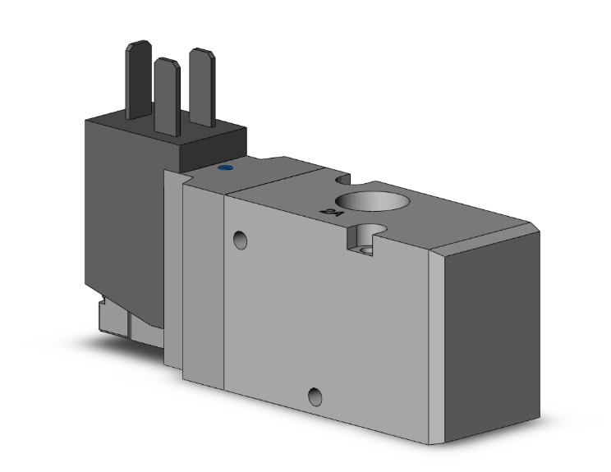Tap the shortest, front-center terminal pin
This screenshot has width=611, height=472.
[167, 94]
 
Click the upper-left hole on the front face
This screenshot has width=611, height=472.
[240, 240]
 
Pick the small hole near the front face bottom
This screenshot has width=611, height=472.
[315, 398]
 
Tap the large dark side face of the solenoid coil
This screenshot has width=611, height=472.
[123, 213]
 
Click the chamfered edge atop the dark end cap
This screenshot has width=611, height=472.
[485, 234]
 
